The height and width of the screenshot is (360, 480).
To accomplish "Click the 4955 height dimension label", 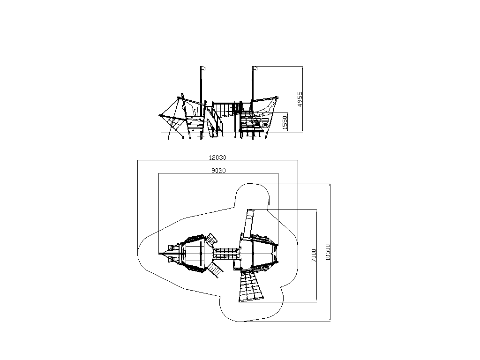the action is (300, 99).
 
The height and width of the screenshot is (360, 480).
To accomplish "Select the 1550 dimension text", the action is (285, 123).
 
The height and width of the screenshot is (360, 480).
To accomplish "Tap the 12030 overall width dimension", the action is (217, 157).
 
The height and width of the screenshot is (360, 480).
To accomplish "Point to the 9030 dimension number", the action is (218, 171).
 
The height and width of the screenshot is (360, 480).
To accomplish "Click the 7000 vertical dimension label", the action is (314, 255).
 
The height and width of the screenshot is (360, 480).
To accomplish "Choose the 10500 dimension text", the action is (328, 252).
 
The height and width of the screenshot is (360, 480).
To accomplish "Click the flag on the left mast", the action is (203, 68).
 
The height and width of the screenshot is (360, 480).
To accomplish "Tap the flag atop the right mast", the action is (255, 68).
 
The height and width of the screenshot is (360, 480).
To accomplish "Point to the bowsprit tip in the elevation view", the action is (159, 115).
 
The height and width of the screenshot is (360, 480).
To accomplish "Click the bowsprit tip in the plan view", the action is (159, 254).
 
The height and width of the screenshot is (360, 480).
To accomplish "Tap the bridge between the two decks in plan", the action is (226, 254).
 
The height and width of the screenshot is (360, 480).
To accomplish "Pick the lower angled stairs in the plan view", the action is (215, 270).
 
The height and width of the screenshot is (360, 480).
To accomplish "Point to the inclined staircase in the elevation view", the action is (214, 122).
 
